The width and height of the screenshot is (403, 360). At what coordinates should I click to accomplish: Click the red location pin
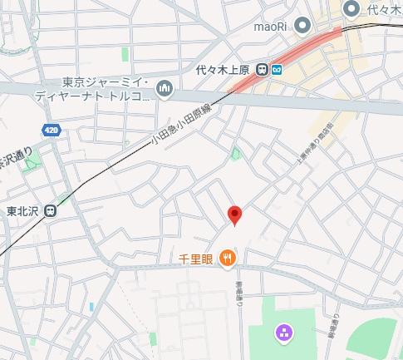[235, 215]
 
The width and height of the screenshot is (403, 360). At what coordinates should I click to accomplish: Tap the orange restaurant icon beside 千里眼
[228, 259]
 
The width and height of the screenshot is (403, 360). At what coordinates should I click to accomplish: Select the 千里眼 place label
[196, 259]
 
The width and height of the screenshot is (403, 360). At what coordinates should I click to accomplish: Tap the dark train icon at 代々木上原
[261, 70]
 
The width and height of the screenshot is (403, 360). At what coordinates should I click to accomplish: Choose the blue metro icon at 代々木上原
[275, 70]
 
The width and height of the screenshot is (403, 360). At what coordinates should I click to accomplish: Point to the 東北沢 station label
[22, 210]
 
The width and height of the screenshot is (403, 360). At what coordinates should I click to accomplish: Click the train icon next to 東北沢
[52, 210]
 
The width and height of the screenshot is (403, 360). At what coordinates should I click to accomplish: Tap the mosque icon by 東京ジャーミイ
[165, 87]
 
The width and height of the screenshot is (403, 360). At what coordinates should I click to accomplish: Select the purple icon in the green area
[284, 333]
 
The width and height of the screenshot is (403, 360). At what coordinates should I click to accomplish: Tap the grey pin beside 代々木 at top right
[351, 8]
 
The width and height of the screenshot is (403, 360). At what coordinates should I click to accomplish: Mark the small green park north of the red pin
[236, 153]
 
